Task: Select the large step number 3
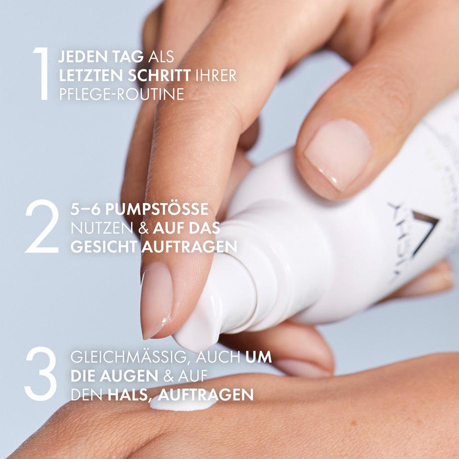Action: click(x=40, y=374)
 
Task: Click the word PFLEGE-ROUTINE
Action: click(x=122, y=94)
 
